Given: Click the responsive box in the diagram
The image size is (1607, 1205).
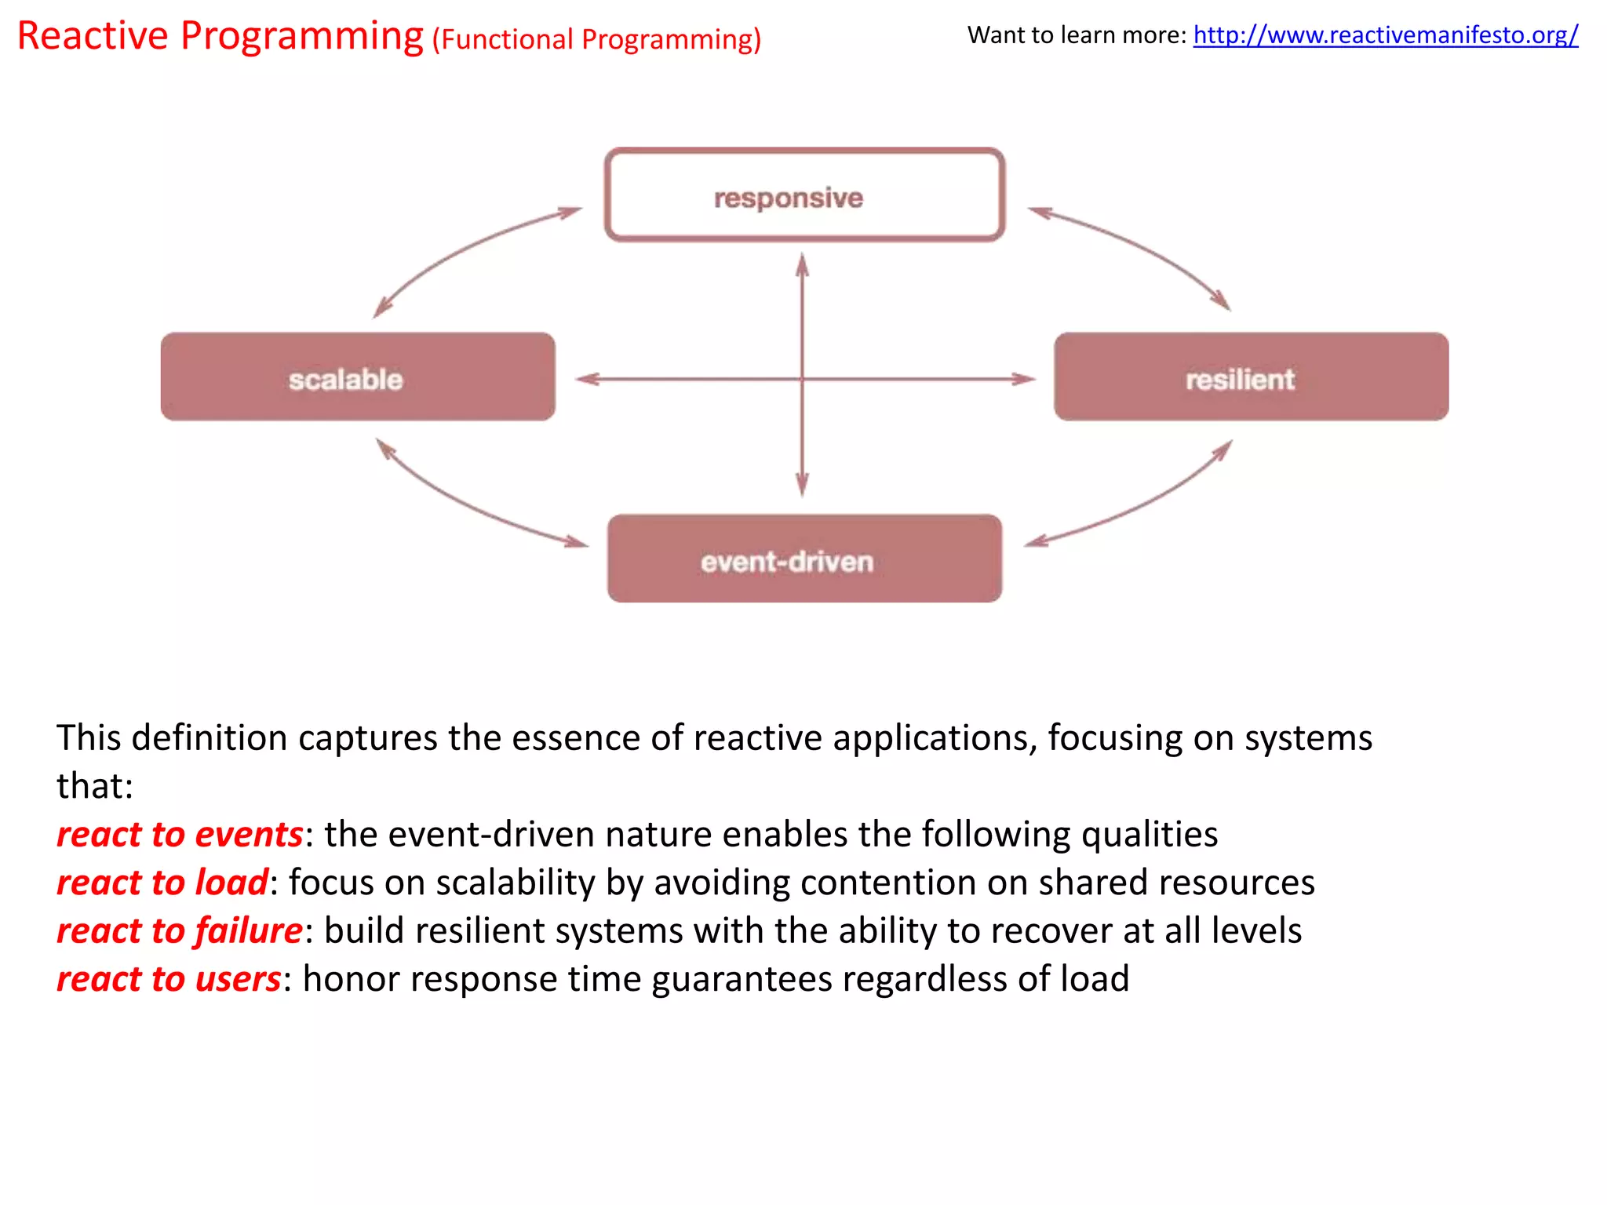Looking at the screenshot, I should coord(804,195).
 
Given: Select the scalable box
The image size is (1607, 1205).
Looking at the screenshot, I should coord(358,377).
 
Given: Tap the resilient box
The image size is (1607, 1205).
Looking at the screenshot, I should coord(1251,377).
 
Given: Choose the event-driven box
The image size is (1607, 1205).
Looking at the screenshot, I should coord(804,559).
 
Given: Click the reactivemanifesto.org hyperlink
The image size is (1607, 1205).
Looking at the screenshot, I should coord(1385,35).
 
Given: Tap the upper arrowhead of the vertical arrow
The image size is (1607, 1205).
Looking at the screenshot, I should coord(802,265).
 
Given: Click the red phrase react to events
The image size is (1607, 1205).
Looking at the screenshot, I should coord(180,834).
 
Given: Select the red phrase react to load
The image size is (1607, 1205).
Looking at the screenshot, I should coord(162,883).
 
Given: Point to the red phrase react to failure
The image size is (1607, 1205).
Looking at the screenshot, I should coord(180,930).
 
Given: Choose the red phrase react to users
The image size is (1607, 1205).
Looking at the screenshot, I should coord(169,979).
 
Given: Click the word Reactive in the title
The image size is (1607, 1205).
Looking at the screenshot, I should coord(93,36).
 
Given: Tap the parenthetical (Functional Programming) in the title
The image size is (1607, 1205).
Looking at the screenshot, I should coord(596,39).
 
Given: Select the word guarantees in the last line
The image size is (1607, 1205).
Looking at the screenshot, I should coord(742,980).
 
